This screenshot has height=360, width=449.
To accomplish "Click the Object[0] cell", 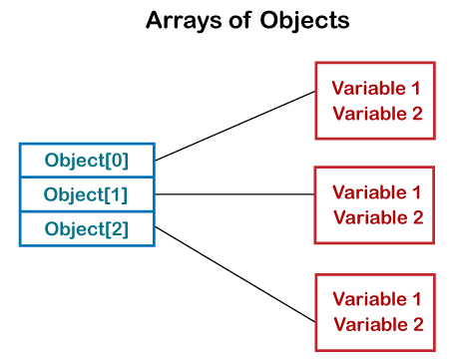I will tap(87, 160).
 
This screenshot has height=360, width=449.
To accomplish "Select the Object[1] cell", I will tap(87, 193).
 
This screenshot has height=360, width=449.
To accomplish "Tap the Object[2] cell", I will tap(87, 228).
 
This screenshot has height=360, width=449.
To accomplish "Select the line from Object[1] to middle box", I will tap(234, 194).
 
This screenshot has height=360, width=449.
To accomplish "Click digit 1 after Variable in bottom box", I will tap(416, 298).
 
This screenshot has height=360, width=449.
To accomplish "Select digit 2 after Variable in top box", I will tap(416, 113).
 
